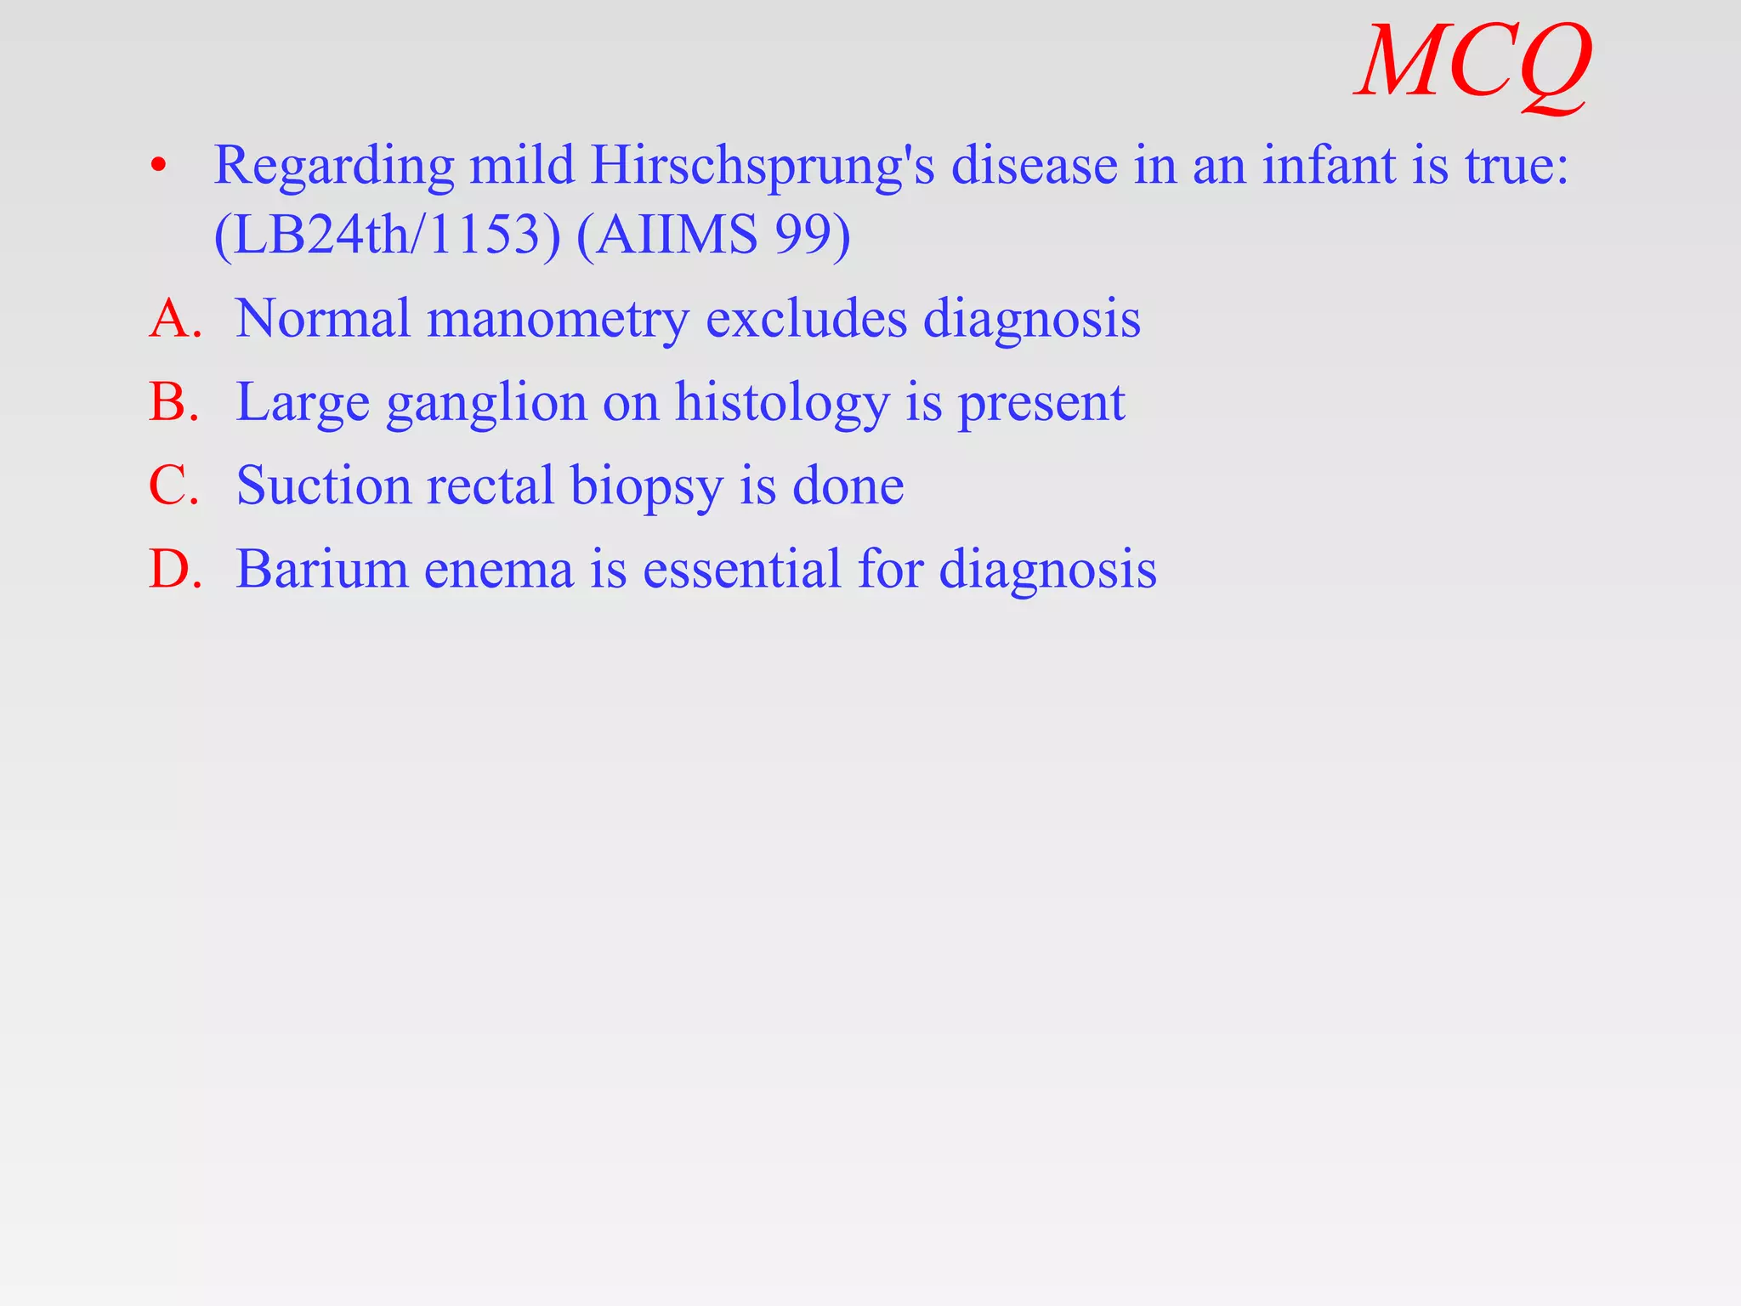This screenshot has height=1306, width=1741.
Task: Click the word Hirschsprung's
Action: tap(763, 166)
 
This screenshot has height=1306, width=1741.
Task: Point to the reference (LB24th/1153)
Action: tap(388, 235)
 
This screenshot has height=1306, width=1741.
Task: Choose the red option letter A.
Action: tap(174, 319)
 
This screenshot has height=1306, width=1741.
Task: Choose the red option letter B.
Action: tap(174, 402)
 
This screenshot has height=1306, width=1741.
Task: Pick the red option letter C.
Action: tap(174, 485)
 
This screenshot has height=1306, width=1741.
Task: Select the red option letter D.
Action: tap(174, 569)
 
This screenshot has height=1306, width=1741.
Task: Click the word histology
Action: tap(782, 404)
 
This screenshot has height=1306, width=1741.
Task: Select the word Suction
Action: tap(324, 485)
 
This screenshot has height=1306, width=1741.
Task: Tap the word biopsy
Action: tap(646, 487)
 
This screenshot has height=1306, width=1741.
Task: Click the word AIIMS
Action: tap(676, 235)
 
